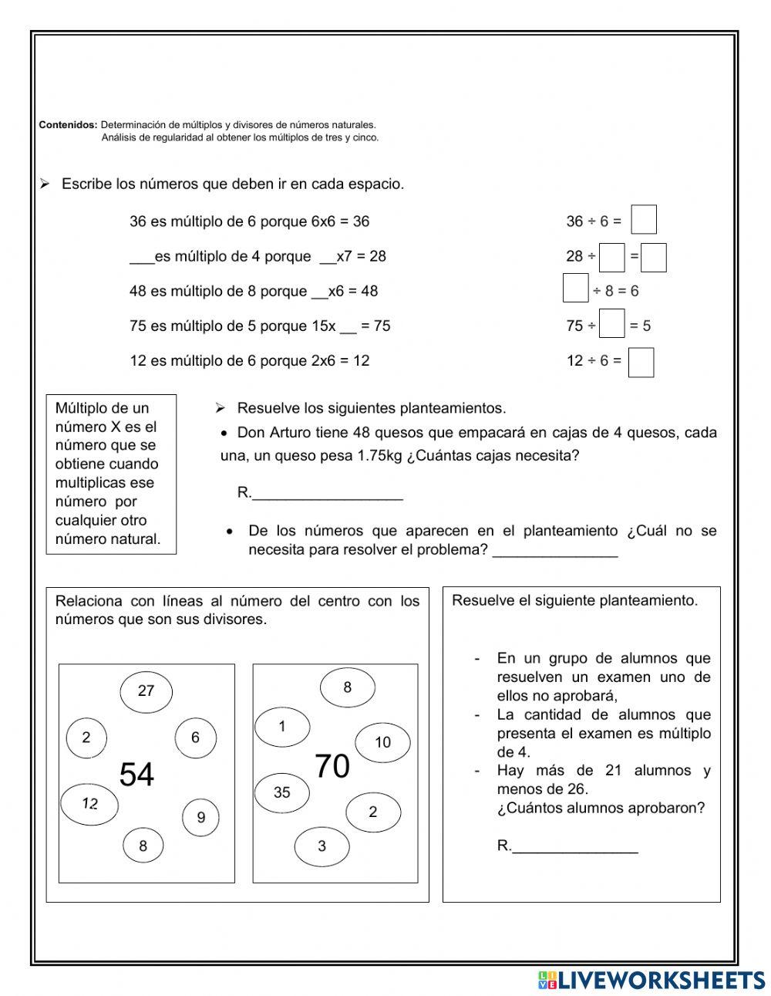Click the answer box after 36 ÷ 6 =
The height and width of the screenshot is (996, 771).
tap(644, 220)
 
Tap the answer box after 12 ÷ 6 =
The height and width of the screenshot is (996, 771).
tap(641, 363)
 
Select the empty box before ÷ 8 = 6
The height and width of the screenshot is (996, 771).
tap(575, 289)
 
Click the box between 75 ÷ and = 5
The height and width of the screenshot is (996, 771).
tap(612, 324)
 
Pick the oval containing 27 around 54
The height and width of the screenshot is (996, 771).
tap(146, 691)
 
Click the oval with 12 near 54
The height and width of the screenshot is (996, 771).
tap(90, 804)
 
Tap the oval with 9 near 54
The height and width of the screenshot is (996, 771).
tap(201, 817)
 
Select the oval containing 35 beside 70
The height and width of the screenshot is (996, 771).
tap(282, 792)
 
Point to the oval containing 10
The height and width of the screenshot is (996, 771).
tap(382, 742)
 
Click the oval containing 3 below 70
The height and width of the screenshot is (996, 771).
tap(322, 846)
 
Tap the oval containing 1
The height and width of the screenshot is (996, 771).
tap(282, 727)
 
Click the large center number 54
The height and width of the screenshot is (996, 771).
tap(136, 775)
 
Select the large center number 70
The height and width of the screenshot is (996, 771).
tap(332, 766)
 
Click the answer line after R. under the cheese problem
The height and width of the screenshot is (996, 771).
tap(328, 495)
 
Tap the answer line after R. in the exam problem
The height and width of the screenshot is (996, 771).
tap(575, 847)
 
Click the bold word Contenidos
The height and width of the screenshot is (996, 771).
tap(68, 124)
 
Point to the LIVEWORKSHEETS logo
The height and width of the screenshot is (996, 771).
tap(651, 980)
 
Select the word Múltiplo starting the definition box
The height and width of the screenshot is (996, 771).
tap(81, 408)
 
